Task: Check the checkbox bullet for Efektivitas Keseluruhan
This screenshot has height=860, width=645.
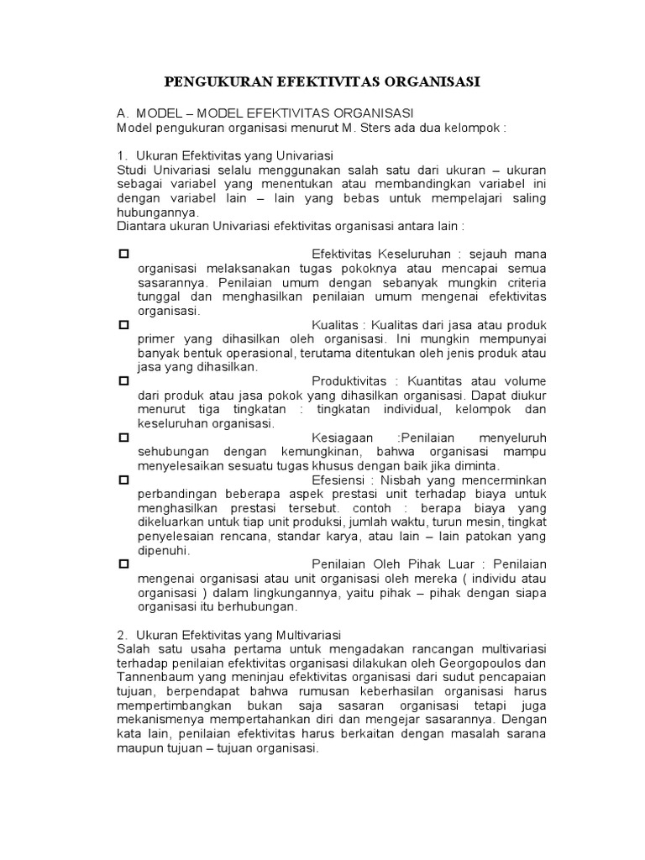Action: [x=123, y=254]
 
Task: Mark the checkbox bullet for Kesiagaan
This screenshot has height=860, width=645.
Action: [x=123, y=438]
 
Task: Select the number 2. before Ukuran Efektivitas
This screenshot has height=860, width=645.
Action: [x=122, y=634]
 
